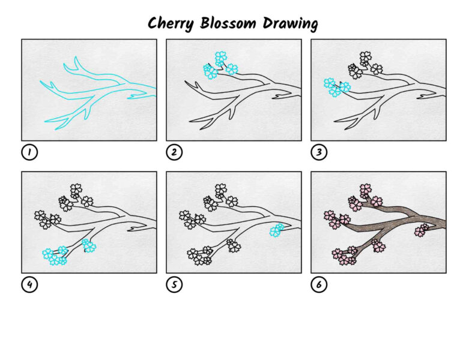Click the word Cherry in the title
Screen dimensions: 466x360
171,23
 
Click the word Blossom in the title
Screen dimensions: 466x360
228,23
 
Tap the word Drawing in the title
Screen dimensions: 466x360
291,23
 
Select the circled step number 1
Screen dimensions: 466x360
29,152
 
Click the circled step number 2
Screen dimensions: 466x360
174,152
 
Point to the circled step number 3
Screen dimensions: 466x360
319,152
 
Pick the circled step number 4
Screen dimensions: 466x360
29,284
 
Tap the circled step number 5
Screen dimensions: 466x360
174,284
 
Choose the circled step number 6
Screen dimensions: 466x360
319,284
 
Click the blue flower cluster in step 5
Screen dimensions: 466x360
277,230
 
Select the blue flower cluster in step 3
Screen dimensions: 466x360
337,87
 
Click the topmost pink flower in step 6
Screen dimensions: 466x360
366,190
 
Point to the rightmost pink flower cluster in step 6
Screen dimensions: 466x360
422,230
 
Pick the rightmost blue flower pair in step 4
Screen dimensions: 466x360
88,245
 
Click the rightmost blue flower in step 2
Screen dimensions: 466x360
232,69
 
